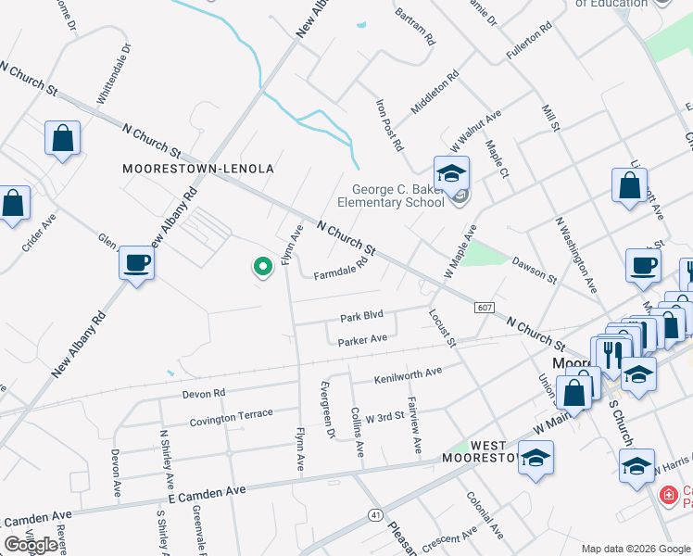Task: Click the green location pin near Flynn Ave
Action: pos(262,268)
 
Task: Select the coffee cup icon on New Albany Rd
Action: pos(136,263)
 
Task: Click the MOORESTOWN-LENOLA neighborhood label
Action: pos(198,169)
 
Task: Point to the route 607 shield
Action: pos(486,308)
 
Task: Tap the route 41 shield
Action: pos(375,513)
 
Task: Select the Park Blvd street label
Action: pos(361,317)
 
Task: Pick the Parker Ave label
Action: pos(362,340)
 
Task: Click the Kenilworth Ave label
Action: pos(408,376)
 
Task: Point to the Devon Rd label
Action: pos(204,393)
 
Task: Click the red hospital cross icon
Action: pos(666,497)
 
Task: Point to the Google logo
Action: pos(31,545)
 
